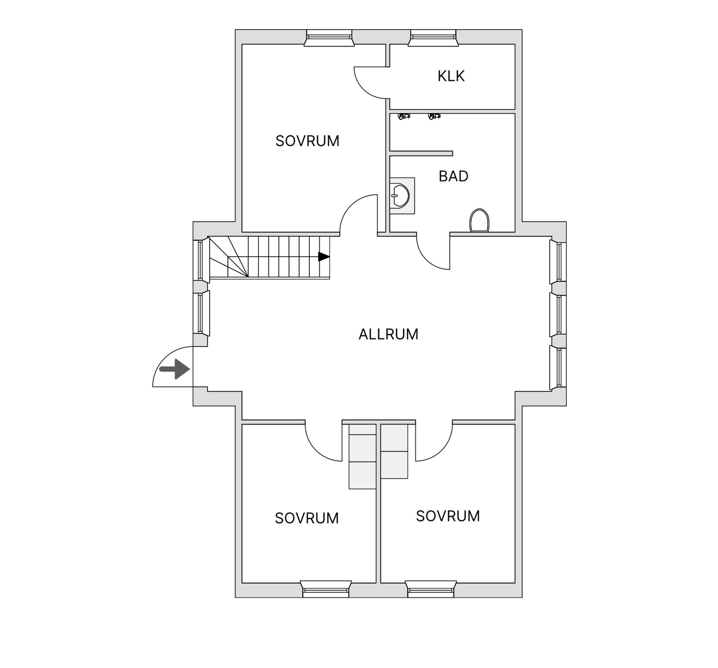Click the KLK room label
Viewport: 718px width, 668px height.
pyautogui.click(x=451, y=76)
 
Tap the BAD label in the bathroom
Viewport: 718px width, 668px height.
pyautogui.click(x=453, y=176)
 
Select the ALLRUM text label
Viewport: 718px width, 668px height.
pyautogui.click(x=388, y=334)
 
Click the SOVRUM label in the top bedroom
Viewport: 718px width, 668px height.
pyautogui.click(x=307, y=141)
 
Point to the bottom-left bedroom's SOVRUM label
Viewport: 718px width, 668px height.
pyautogui.click(x=306, y=518)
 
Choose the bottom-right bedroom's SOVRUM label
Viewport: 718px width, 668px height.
pyautogui.click(x=448, y=516)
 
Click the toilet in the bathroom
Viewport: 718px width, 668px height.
pyautogui.click(x=480, y=221)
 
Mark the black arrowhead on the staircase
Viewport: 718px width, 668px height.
pyautogui.click(x=324, y=257)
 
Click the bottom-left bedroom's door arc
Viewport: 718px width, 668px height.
pyautogui.click(x=320, y=446)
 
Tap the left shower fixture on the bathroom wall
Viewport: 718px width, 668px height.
pyautogui.click(x=404, y=116)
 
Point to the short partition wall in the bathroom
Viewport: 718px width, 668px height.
pyautogui.click(x=421, y=153)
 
